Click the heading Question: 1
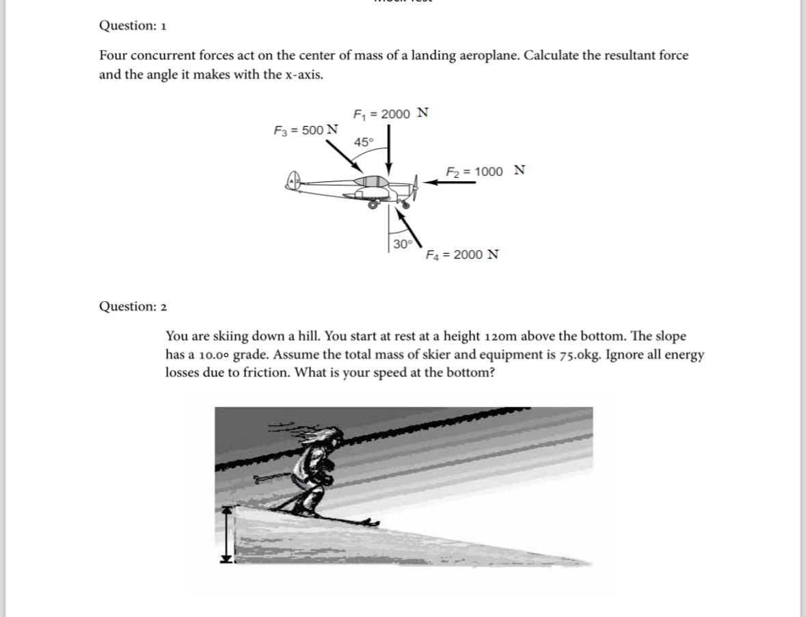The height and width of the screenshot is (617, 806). (133, 26)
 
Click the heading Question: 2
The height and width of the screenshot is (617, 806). (133, 306)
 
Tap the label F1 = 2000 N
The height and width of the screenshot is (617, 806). (390, 114)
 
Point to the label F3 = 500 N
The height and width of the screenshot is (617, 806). (306, 129)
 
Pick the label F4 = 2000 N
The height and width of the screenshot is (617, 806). (462, 255)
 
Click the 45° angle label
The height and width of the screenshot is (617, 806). (364, 142)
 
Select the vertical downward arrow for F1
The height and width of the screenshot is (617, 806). (389, 150)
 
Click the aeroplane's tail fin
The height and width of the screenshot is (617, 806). (293, 181)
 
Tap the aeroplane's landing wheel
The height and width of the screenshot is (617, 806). (373, 204)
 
